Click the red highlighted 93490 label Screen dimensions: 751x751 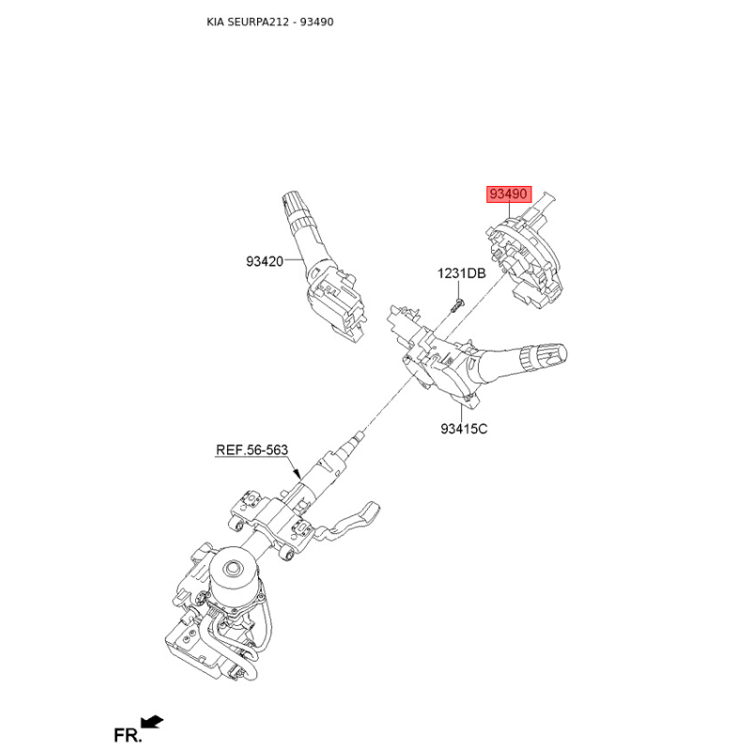[509, 194]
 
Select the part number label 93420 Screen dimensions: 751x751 [265, 262]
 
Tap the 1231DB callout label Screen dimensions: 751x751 [461, 273]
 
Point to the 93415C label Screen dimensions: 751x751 [464, 429]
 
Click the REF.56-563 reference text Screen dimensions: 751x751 [252, 450]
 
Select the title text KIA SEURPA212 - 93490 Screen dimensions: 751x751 [270, 22]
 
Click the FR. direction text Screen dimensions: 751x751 [128, 735]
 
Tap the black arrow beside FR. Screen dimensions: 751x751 [152, 722]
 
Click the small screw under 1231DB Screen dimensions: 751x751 [456, 305]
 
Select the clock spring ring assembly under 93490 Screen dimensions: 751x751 [526, 259]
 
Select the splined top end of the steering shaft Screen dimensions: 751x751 [357, 437]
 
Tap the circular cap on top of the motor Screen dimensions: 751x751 [234, 568]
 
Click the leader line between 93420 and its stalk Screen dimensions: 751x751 [294, 261]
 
